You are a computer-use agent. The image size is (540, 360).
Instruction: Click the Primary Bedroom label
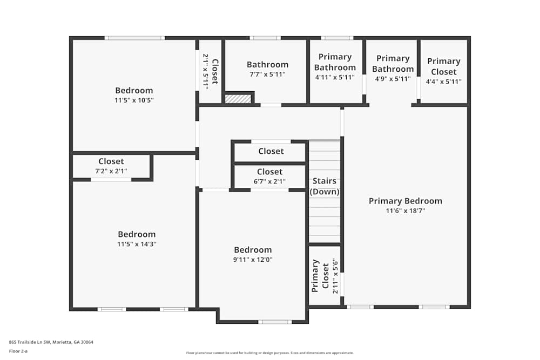pyautogui.click(x=405, y=201)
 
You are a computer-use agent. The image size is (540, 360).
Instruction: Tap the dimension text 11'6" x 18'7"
pyautogui.click(x=405, y=211)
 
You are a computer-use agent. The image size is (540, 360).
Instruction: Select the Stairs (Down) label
pyautogui.click(x=325, y=186)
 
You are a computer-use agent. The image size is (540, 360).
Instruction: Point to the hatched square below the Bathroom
pyautogui.click(x=238, y=99)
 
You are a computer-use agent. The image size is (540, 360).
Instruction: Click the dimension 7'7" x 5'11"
pyautogui.click(x=267, y=75)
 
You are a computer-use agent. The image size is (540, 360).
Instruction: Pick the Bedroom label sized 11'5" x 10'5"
pyautogui.click(x=134, y=90)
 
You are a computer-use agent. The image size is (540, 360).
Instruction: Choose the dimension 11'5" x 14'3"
pyautogui.click(x=137, y=244)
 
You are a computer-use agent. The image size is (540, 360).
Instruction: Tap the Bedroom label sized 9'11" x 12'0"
pyautogui.click(x=253, y=250)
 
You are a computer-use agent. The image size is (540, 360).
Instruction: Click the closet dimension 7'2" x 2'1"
pyautogui.click(x=111, y=171)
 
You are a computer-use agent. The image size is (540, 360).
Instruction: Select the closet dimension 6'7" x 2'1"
pyautogui.click(x=270, y=182)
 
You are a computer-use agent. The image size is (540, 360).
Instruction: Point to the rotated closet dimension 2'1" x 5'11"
pyautogui.click(x=205, y=71)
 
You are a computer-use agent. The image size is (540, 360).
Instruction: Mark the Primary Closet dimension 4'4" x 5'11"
pyautogui.click(x=444, y=82)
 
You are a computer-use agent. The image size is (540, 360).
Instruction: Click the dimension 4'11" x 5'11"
pyautogui.click(x=335, y=77)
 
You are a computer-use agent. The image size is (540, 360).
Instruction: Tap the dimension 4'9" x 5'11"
pyautogui.click(x=393, y=79)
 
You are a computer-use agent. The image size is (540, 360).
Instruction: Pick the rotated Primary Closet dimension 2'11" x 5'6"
pyautogui.click(x=335, y=277)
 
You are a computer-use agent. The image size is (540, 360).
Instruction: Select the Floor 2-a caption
pyautogui.click(x=18, y=351)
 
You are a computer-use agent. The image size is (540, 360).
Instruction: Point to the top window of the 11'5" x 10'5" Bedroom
pyautogui.click(x=134, y=38)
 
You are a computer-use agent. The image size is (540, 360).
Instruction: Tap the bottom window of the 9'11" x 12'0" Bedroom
pyautogui.click(x=275, y=322)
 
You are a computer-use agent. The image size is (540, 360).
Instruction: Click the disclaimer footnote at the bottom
pyautogui.click(x=269, y=353)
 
